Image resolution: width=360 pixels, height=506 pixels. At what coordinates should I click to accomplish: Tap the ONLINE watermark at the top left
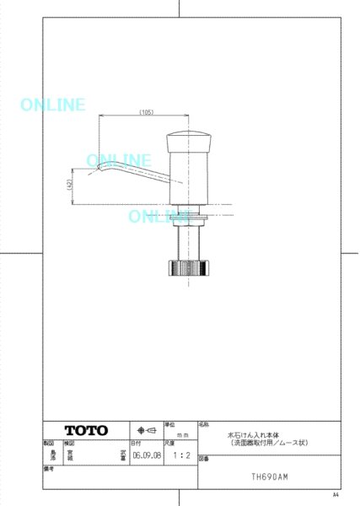coord(51,105)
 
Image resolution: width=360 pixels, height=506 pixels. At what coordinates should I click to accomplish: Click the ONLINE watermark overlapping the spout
coord(119,160)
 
